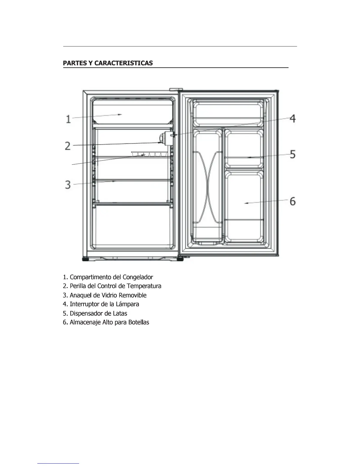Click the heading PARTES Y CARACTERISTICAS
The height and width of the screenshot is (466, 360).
(108, 63)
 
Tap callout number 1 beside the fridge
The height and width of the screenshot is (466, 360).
(68, 119)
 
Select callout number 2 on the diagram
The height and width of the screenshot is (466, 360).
(68, 146)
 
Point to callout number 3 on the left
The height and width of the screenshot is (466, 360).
(68, 185)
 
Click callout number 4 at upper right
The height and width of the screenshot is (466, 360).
(292, 119)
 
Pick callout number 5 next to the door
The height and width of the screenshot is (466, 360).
(292, 154)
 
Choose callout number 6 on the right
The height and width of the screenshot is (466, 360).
(292, 201)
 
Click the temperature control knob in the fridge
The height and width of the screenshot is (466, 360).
(162, 139)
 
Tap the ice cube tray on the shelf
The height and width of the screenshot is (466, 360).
(149, 154)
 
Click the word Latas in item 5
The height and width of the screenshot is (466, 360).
(120, 313)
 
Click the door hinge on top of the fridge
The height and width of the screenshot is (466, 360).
(176, 89)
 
